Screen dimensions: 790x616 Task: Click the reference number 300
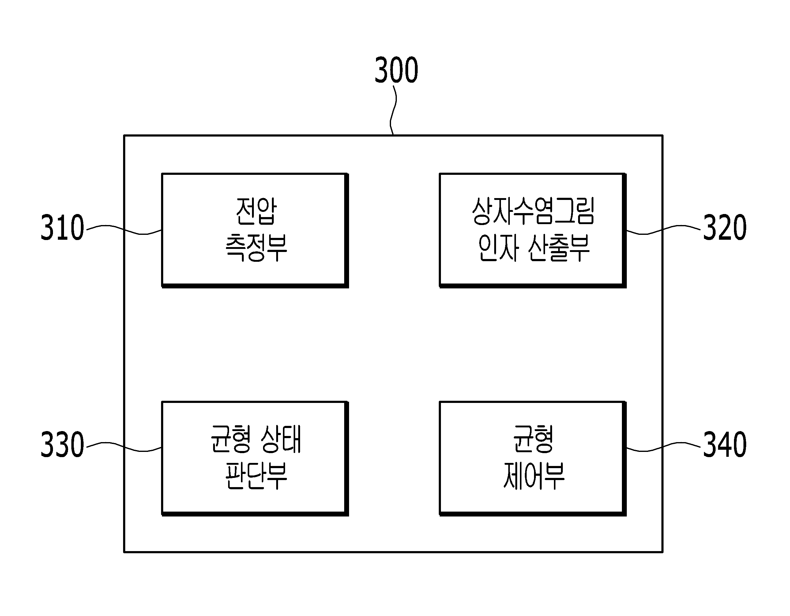point(396,70)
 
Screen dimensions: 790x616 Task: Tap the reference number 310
point(62,227)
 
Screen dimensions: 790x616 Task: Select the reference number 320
point(725,227)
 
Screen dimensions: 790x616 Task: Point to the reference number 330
point(62,445)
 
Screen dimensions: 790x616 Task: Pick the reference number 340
point(725,445)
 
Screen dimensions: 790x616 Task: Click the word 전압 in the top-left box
point(256,211)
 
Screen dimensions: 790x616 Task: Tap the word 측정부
point(256,248)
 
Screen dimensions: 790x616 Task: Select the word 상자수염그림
point(533,211)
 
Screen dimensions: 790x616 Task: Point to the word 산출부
point(559,248)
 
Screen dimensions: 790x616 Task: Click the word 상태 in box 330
point(281,439)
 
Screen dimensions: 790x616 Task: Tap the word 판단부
point(256,476)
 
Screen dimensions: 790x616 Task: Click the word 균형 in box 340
point(533,439)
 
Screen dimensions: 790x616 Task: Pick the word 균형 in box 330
point(230,439)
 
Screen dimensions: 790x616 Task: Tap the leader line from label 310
point(124,230)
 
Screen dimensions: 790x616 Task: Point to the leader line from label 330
point(124,447)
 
